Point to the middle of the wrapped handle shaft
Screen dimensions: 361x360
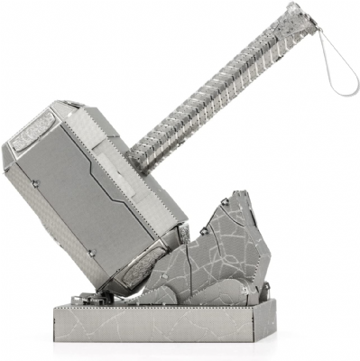(x=217, y=90)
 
